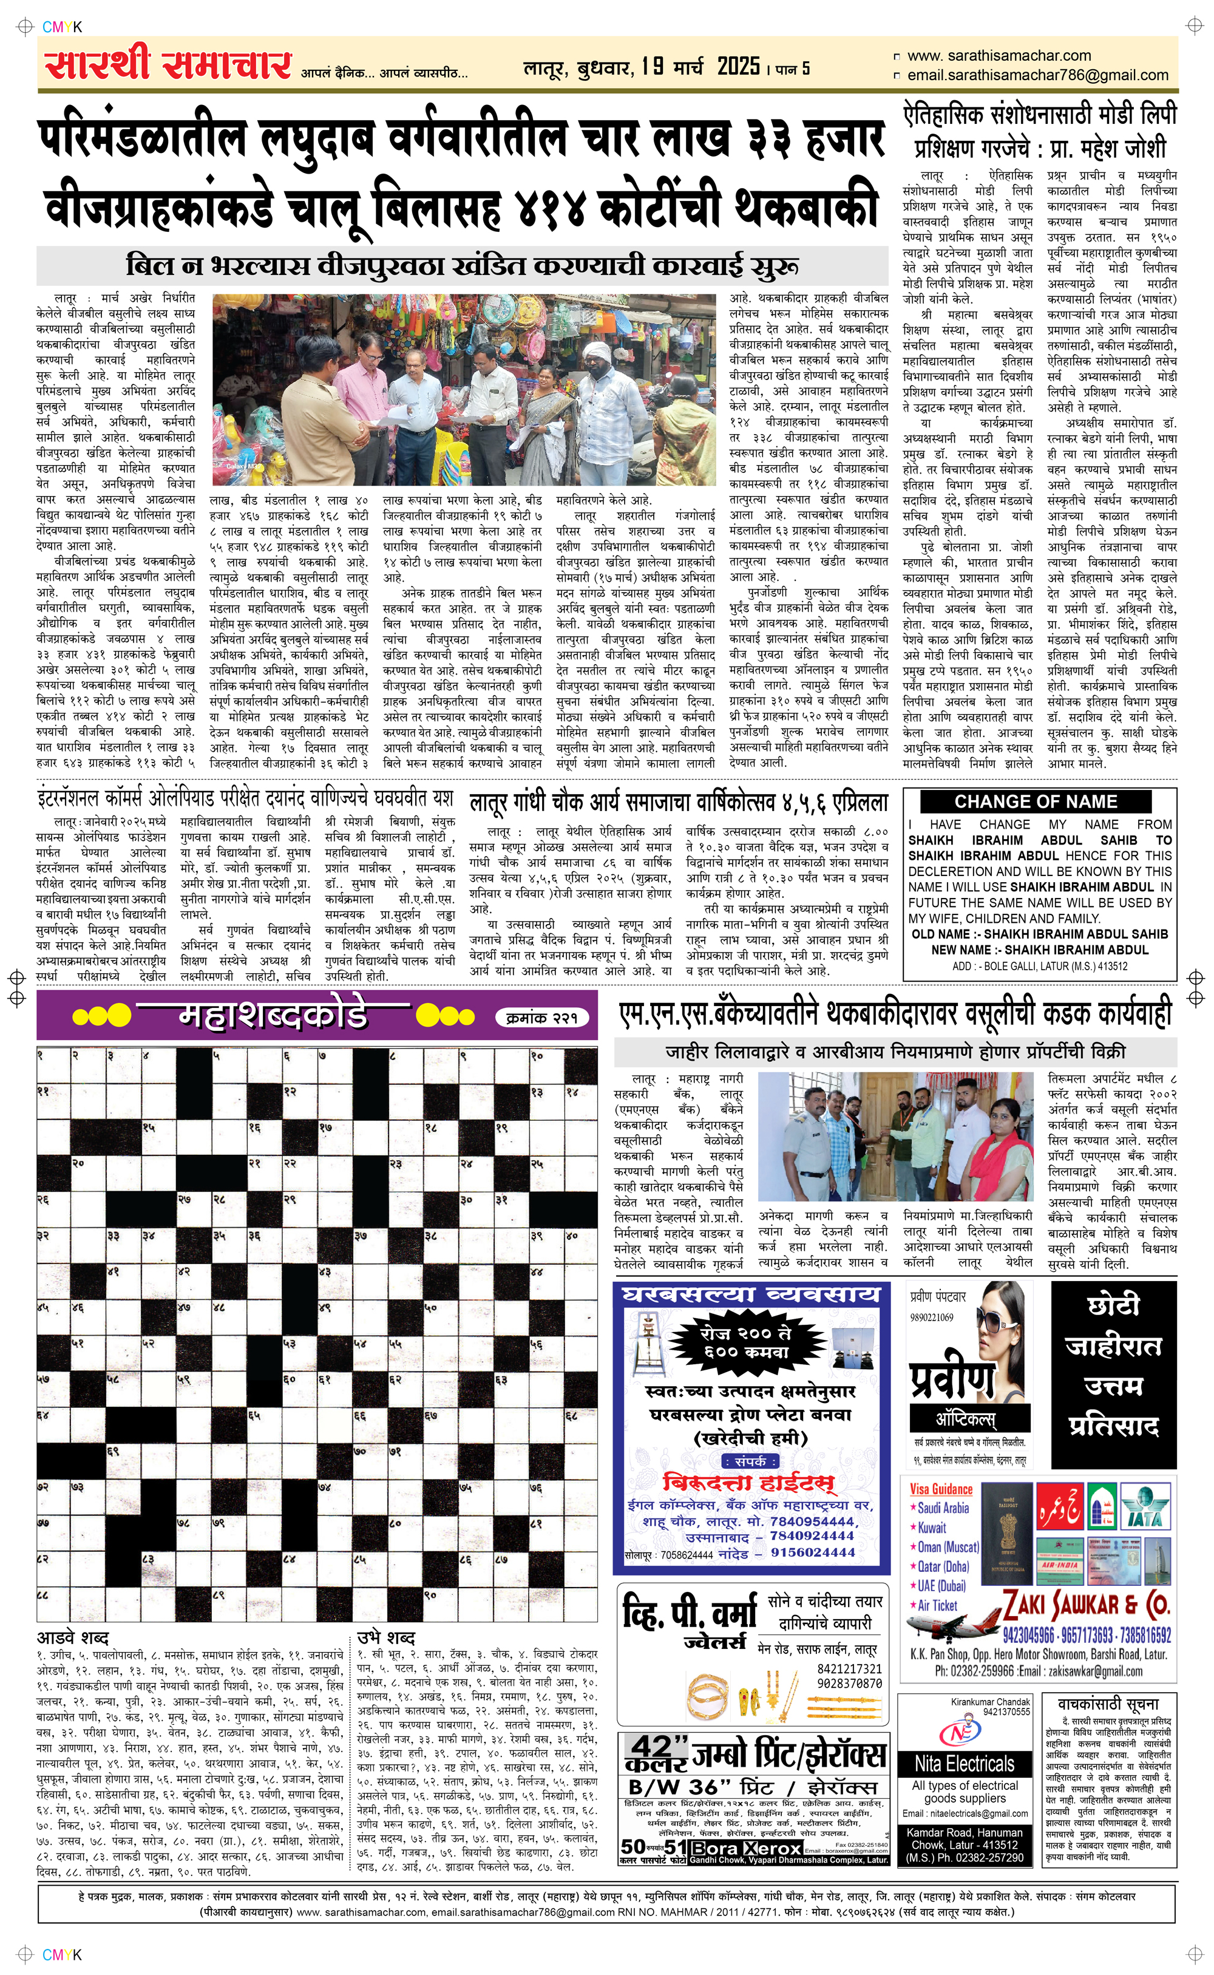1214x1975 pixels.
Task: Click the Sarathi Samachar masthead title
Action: coord(167,65)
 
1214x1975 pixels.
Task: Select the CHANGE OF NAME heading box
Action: coord(1036,801)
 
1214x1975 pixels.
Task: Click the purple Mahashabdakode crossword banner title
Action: coord(273,1016)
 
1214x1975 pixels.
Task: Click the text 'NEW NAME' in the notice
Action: coord(960,950)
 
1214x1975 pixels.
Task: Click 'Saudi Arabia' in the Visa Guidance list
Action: coord(943,1508)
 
